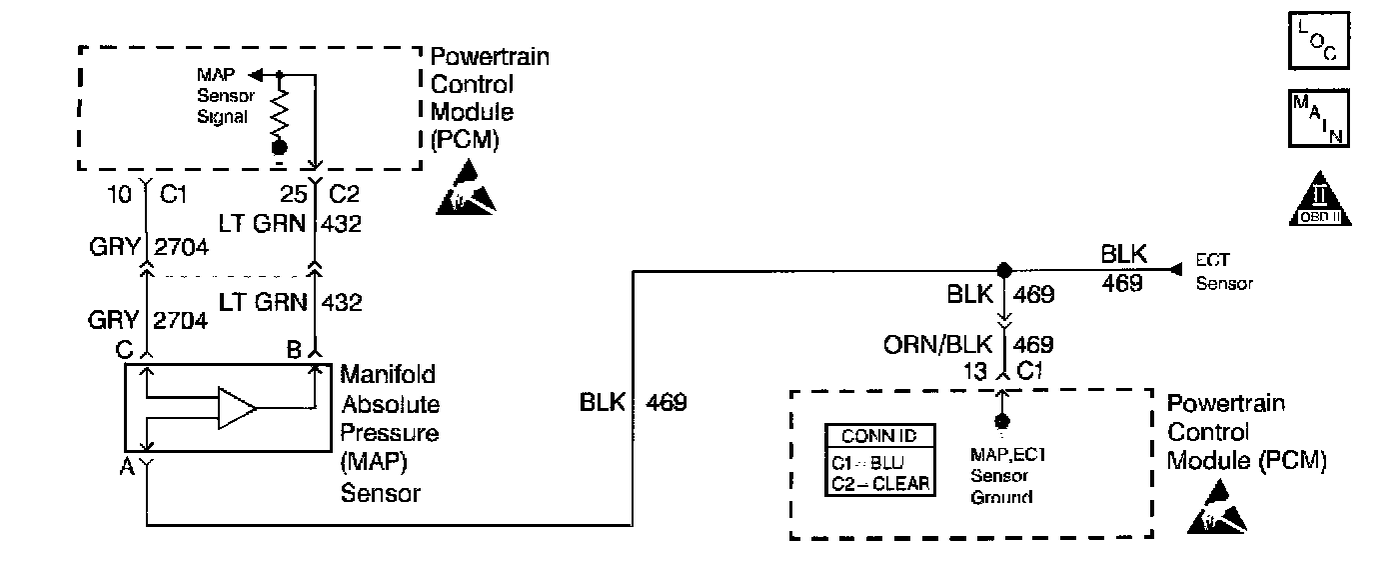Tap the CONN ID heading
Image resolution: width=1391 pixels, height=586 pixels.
pyautogui.click(x=879, y=437)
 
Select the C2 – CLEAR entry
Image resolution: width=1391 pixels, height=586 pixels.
pyautogui.click(x=879, y=483)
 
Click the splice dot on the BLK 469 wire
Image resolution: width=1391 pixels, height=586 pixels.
pyautogui.click(x=1005, y=270)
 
